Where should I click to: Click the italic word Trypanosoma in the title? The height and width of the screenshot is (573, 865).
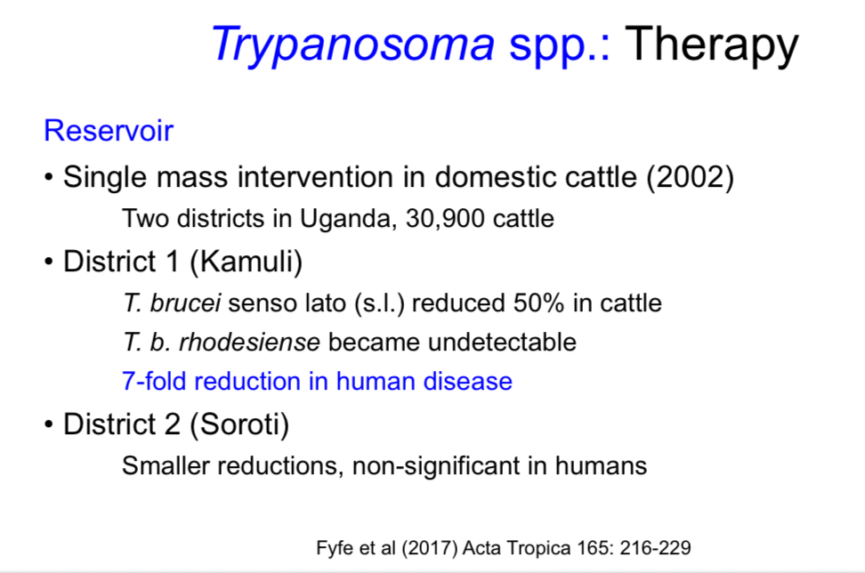[x=352, y=44]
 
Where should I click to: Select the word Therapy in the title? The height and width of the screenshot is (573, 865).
[x=712, y=44]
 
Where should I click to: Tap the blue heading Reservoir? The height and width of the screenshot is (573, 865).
[x=108, y=131]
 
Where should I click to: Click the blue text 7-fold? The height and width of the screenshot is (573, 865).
[x=154, y=382]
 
